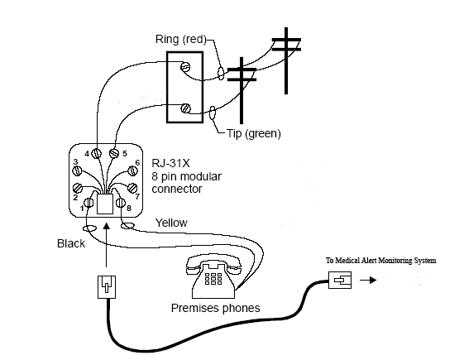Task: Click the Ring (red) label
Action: [x=181, y=39]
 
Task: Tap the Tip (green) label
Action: [x=254, y=133]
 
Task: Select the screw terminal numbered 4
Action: [x=96, y=153]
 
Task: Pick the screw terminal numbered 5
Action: [x=114, y=153]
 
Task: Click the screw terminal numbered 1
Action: [x=88, y=203]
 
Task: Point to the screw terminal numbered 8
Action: [x=121, y=203]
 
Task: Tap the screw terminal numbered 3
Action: [x=77, y=170]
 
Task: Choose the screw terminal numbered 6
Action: [x=132, y=170]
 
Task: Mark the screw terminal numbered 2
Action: [x=78, y=188]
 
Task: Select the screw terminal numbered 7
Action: [x=132, y=188]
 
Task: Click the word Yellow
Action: [x=171, y=223]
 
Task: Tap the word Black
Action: [x=71, y=243]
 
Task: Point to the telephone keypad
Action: [x=213, y=279]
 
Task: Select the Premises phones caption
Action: [x=215, y=308]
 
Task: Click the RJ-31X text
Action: [x=170, y=163]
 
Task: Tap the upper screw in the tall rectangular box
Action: [x=185, y=66]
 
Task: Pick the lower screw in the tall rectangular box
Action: [x=185, y=108]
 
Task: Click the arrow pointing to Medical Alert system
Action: [x=368, y=280]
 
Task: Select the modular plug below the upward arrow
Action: [x=107, y=287]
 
